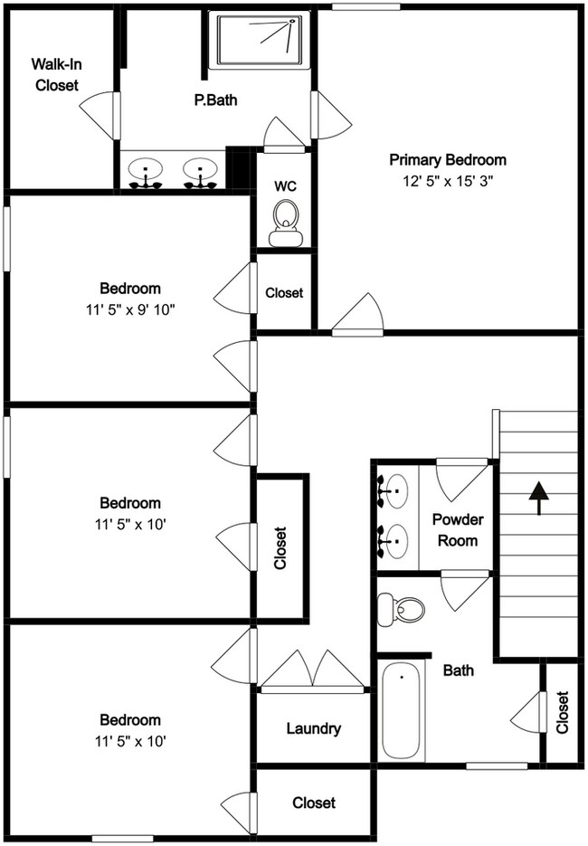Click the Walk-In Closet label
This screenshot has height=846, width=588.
(x=56, y=75)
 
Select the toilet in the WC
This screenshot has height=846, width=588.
(x=286, y=221)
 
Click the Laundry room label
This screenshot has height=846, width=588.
(x=313, y=728)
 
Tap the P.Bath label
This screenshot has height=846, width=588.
(x=215, y=100)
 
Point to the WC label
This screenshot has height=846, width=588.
(x=286, y=185)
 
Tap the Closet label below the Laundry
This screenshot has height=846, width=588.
(x=314, y=803)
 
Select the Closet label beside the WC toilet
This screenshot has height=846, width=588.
(x=284, y=293)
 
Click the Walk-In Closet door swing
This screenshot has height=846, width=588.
(x=100, y=110)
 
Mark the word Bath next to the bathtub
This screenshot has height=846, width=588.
(x=459, y=670)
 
